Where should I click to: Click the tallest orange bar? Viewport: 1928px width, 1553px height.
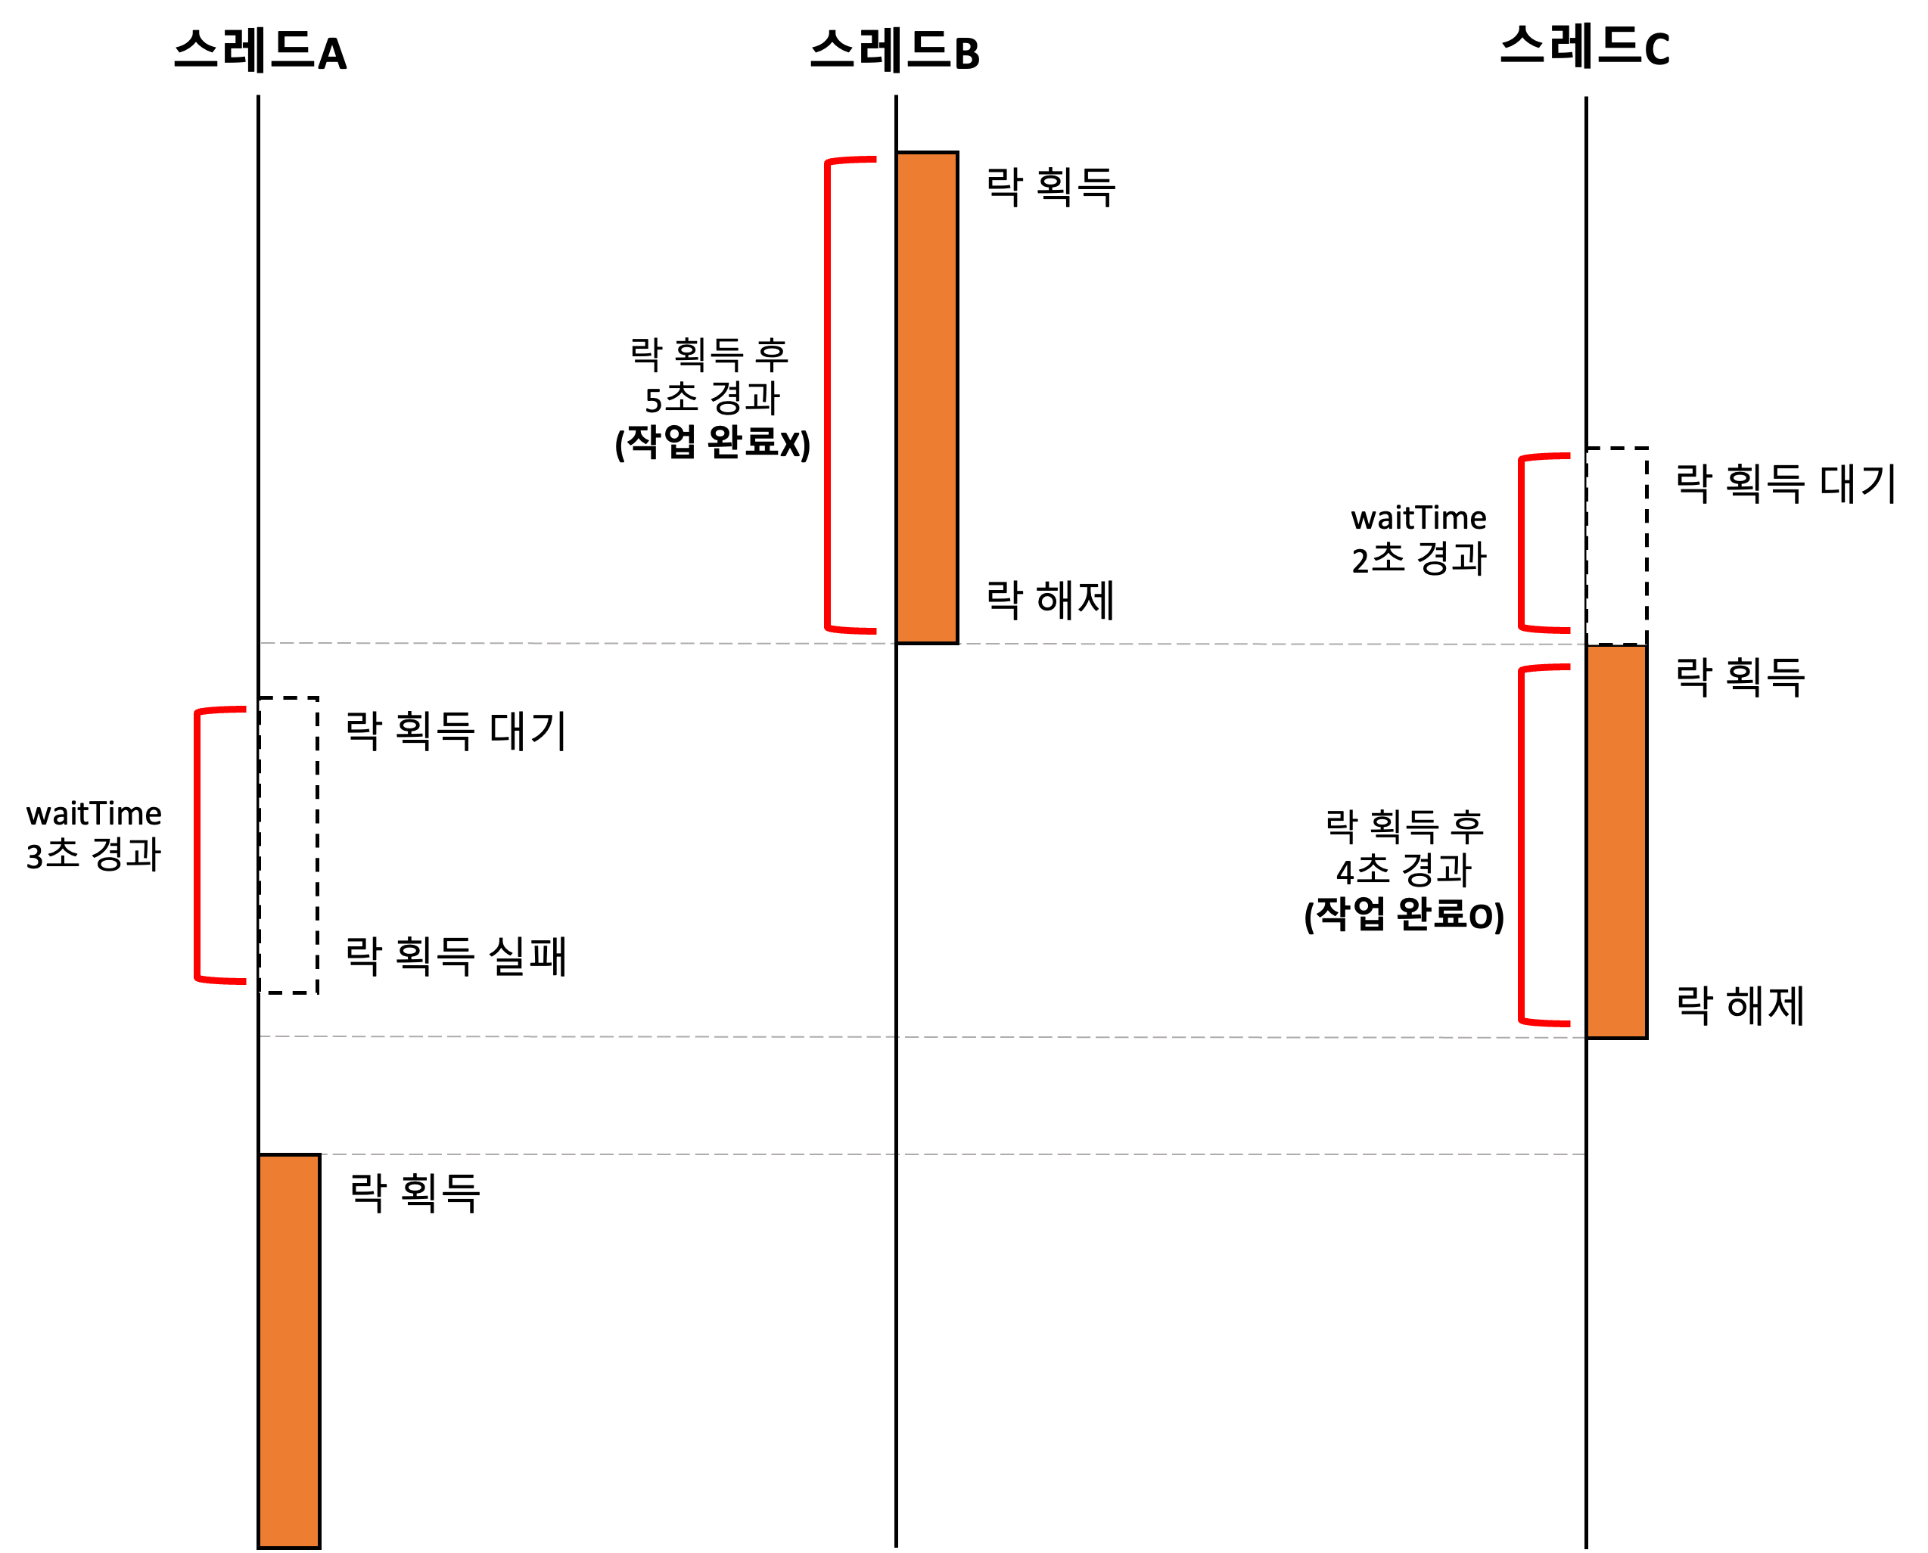(926, 397)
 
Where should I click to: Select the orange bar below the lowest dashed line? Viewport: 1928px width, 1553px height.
(288, 1351)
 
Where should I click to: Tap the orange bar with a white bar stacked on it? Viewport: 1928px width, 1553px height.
(1615, 841)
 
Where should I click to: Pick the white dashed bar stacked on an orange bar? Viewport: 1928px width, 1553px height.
(1615, 545)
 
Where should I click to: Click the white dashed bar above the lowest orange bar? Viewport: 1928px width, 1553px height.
(288, 846)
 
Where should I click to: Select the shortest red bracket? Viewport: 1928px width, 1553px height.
(1522, 543)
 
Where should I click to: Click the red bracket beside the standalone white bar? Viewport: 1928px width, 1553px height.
(197, 846)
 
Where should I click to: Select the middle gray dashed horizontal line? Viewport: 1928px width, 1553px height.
(894, 1037)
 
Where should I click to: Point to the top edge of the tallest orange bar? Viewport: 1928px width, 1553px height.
(926, 156)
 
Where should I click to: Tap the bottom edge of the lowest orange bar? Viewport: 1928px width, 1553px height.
(288, 1544)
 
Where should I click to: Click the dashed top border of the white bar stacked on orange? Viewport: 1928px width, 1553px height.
(1615, 451)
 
